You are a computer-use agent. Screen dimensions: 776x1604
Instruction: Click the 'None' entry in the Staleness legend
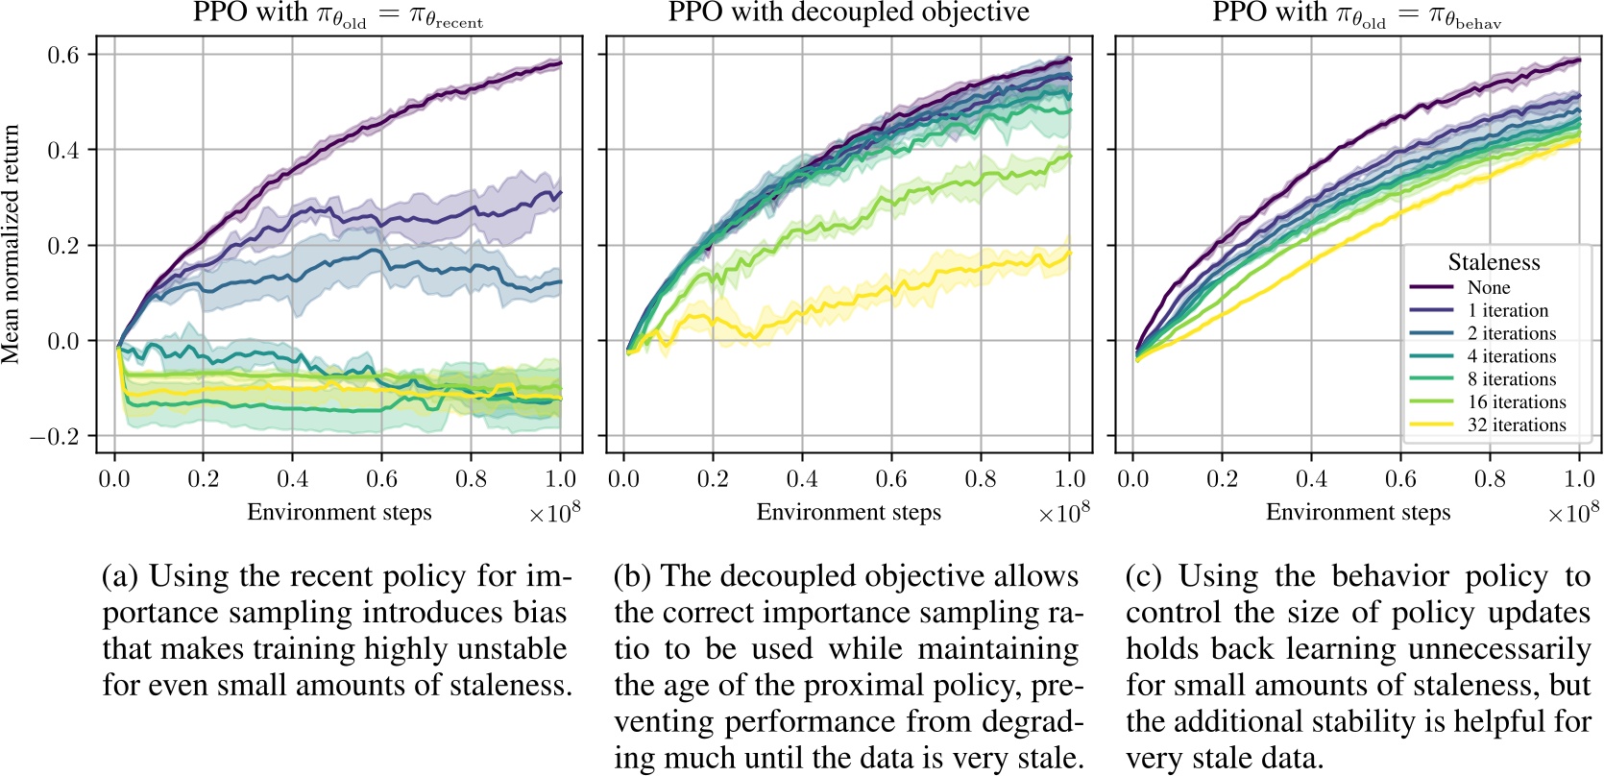pos(1488,287)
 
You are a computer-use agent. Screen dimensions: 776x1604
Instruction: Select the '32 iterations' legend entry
pos(1516,424)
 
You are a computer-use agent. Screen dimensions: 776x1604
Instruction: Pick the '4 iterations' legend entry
pos(1511,356)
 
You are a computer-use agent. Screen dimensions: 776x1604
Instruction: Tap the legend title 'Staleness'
pos(1494,262)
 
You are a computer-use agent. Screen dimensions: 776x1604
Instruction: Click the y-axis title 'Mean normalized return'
pos(12,244)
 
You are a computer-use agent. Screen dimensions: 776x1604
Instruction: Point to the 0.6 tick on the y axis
pos(64,55)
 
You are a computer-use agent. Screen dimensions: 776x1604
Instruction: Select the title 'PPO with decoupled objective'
pos(848,12)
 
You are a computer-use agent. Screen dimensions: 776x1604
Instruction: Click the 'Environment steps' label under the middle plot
pos(848,512)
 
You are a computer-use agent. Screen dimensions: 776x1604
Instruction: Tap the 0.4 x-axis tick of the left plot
pos(293,478)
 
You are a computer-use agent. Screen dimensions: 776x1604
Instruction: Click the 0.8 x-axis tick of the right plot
pos(1490,478)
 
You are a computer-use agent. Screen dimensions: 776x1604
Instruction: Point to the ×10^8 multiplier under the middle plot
pos(1063,513)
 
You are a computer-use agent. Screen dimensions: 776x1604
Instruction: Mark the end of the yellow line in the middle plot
pos(1070,253)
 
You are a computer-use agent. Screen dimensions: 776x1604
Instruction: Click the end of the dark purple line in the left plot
pos(561,63)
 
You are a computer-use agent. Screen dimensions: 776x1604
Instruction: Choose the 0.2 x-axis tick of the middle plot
pos(713,478)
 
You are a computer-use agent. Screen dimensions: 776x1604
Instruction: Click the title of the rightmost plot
pos(1356,13)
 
